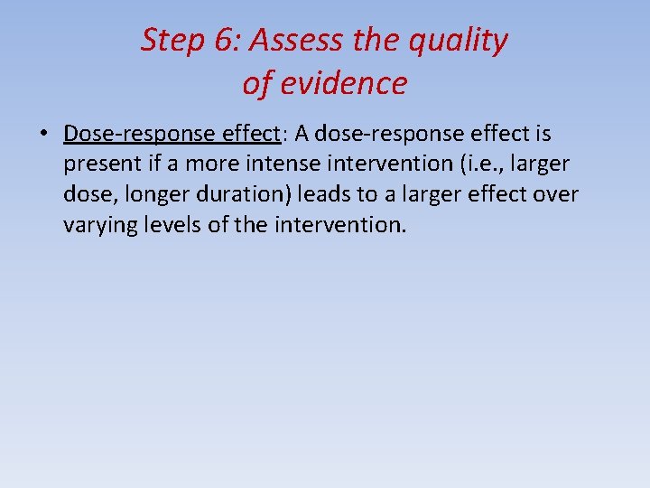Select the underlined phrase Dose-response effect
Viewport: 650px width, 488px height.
tap(172, 134)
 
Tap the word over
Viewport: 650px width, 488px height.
tap(558, 194)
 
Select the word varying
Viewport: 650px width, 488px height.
tap(97, 225)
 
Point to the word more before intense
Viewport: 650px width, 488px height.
tap(214, 164)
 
